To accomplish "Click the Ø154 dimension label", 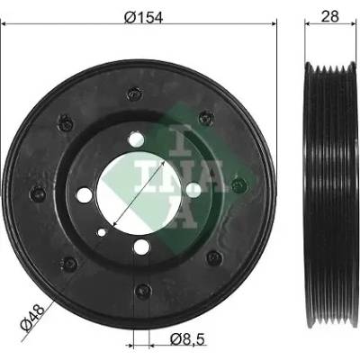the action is tap(143, 17).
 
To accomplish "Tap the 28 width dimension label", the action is tap(329, 16).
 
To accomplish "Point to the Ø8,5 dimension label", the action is tap(187, 339).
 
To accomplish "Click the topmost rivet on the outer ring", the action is tap(134, 94).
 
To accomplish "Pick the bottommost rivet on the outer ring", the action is tap(142, 291).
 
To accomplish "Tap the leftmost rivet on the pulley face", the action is tap(38, 193).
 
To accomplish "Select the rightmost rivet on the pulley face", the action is tap(239, 185).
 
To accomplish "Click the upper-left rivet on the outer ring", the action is tap(65, 122).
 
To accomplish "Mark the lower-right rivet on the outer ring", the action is tap(214, 257).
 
